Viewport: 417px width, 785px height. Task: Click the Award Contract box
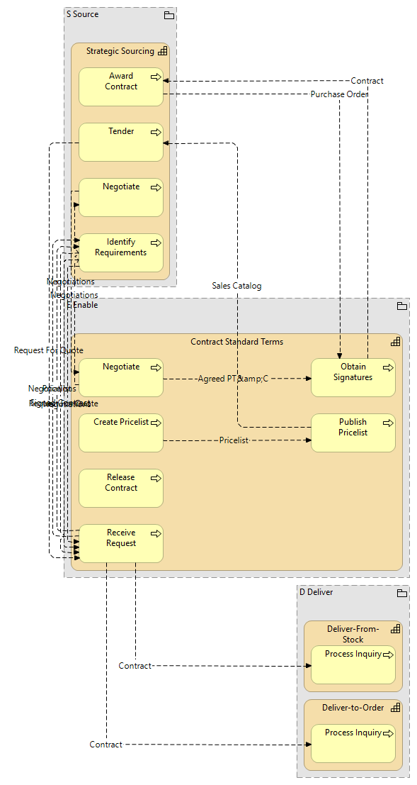pos(120,87)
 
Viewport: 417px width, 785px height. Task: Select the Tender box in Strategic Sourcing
pos(120,142)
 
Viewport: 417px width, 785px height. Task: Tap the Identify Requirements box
pos(120,252)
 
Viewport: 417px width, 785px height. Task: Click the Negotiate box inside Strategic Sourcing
pos(120,197)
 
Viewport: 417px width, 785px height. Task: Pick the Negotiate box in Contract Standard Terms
pos(120,377)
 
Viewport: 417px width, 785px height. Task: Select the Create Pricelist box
pos(120,433)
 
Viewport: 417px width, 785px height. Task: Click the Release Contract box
pos(120,488)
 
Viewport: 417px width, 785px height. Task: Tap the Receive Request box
pos(120,543)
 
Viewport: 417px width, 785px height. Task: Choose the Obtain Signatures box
pos(353,377)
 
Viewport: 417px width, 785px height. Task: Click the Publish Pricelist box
pos(353,433)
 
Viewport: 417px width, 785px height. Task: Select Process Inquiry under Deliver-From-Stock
pos(353,664)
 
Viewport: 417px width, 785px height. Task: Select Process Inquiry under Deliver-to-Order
pos(353,743)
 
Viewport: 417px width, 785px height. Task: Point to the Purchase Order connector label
pos(339,94)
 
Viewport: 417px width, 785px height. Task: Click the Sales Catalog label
pos(236,286)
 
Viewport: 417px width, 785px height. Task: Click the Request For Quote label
pos(48,350)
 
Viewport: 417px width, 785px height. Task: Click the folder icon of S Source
pos(168,15)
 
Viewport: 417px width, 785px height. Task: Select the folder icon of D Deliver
pos(401,593)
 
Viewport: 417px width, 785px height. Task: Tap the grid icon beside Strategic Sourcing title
pos(162,51)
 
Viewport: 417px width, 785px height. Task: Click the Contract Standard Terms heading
pos(236,342)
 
